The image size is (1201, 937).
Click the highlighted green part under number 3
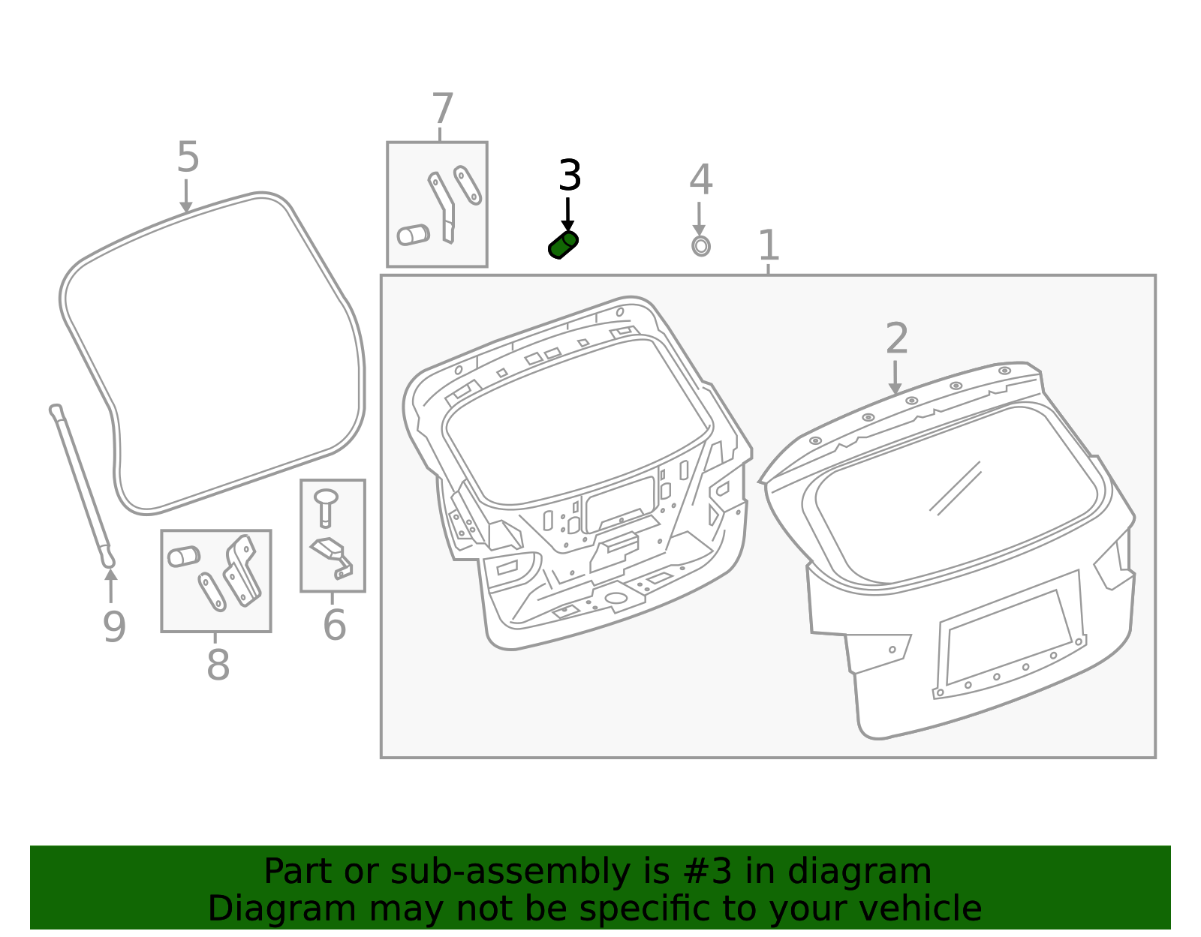[563, 245]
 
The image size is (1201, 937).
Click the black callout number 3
[570, 176]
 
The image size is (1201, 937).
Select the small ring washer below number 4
[700, 245]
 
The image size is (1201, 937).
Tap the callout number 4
[700, 180]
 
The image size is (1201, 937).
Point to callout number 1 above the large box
[769, 245]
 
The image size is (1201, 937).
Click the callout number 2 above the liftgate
[897, 338]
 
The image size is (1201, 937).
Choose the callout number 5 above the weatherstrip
[188, 158]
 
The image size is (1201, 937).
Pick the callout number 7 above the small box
[443, 110]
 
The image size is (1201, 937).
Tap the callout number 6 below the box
[334, 625]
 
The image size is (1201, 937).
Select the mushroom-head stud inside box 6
[325, 506]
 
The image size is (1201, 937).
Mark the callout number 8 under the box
[218, 665]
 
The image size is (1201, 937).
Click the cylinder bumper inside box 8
[183, 556]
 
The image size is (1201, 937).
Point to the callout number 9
[114, 627]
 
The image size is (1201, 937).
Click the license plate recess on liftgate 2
[1007, 637]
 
